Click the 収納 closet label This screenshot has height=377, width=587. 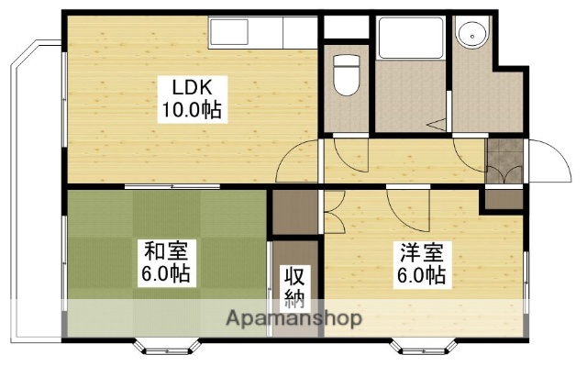click(293, 285)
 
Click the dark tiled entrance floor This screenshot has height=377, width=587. click(503, 161)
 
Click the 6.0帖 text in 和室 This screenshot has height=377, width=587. click(167, 274)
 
